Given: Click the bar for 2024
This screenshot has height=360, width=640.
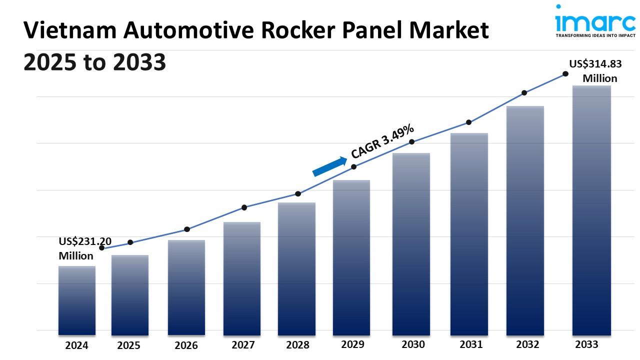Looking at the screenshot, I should [x=77, y=300].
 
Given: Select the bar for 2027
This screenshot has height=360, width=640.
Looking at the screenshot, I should [x=242, y=278].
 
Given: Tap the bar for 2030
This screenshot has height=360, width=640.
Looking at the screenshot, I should [x=411, y=244].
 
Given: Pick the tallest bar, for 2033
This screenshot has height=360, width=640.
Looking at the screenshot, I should [x=591, y=210].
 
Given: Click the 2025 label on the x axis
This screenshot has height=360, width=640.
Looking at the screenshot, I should [x=129, y=345].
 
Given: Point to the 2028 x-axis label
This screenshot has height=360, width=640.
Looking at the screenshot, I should [x=297, y=345].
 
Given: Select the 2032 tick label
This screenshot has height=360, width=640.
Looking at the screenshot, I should [x=527, y=344].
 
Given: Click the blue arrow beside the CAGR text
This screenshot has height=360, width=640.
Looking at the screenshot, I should [x=329, y=166].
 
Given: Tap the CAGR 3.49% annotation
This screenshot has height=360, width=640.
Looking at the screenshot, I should [x=382, y=140].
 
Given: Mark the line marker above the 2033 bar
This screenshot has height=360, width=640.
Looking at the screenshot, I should [x=565, y=73].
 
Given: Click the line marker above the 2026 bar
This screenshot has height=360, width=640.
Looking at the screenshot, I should [x=187, y=229].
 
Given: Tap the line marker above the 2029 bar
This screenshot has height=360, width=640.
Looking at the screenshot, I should [x=353, y=166].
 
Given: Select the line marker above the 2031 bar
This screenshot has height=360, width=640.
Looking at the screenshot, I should [x=469, y=122].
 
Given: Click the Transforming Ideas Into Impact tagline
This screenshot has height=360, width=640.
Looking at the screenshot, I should [x=595, y=36].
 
